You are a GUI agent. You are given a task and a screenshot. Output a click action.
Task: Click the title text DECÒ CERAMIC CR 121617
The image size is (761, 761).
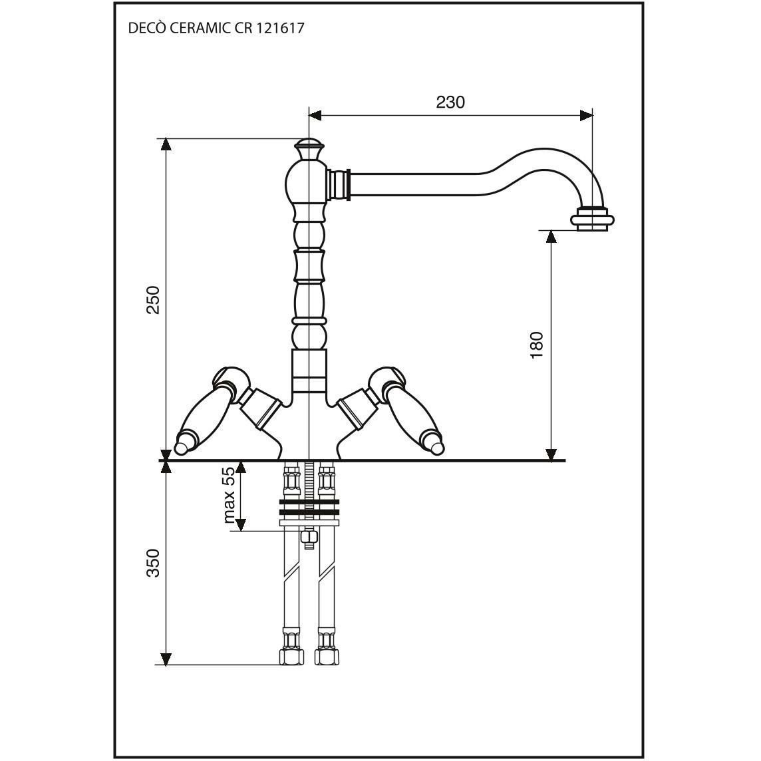[216, 28]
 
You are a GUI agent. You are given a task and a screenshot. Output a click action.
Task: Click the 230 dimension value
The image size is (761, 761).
[450, 102]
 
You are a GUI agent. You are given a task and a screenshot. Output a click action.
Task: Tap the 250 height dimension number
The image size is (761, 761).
[153, 300]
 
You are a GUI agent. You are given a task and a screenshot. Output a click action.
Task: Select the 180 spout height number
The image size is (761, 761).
[537, 345]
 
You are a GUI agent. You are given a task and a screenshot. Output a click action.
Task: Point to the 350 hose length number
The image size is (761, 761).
[153, 563]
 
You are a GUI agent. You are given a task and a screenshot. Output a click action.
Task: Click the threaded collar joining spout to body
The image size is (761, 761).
[339, 184]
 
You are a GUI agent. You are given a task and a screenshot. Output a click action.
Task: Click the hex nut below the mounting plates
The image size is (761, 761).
[309, 537]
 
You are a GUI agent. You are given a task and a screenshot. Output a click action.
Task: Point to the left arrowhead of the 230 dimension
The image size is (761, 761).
[315, 115]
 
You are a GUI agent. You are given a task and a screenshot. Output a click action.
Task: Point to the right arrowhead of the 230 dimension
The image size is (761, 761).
[586, 115]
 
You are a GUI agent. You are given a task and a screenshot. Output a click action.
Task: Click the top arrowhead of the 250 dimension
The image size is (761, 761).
[166, 144]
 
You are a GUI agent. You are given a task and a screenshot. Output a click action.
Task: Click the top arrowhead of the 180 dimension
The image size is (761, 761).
[551, 236]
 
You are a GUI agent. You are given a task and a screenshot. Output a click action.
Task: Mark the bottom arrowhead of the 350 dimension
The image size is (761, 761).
[166, 659]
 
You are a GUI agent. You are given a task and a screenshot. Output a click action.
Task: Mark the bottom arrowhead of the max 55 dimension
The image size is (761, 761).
[241, 525]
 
